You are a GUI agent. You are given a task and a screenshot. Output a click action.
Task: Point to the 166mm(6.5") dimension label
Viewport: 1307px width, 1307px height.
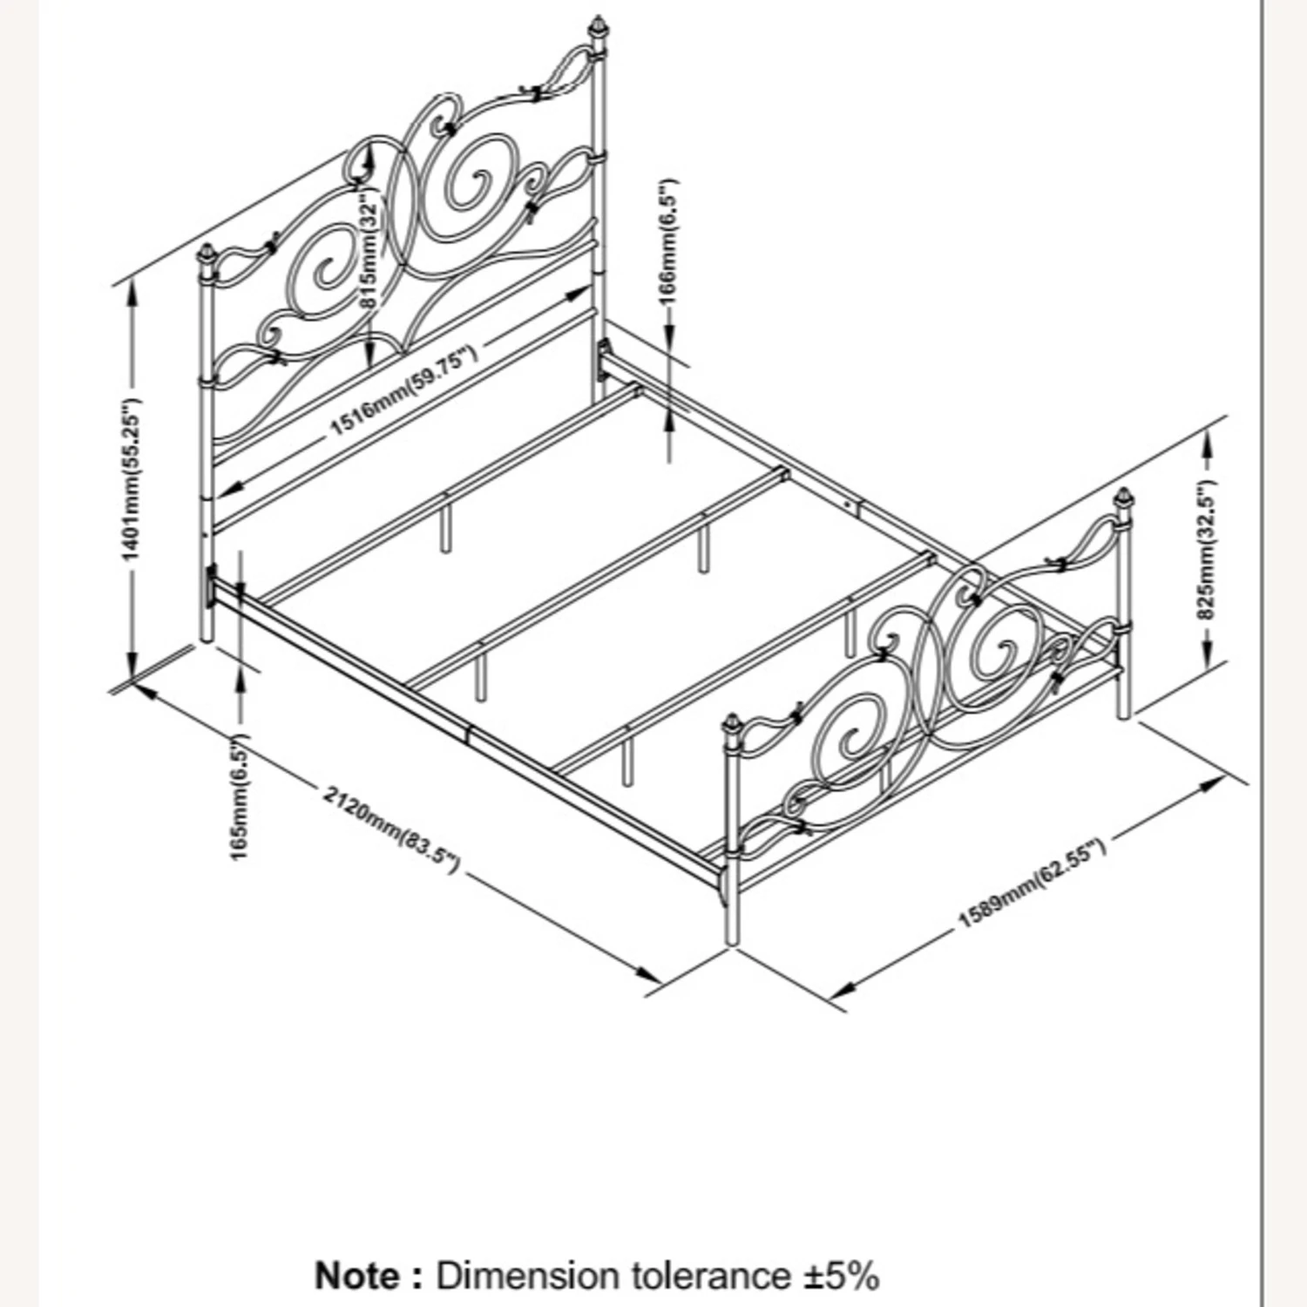667,241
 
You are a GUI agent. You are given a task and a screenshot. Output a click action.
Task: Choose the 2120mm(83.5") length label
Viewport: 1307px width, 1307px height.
390,830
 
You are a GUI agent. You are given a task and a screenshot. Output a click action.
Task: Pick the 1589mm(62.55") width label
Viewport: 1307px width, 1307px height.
1033,884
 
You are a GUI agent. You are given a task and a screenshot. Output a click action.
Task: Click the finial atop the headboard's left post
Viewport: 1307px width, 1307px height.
207,256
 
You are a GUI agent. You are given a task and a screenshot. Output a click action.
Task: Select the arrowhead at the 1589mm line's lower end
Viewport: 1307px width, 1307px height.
840,991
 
